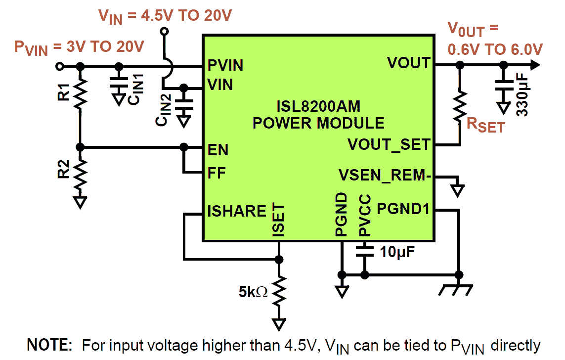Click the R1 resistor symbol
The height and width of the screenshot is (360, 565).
click(x=80, y=94)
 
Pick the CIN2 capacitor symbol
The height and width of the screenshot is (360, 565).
click(x=184, y=105)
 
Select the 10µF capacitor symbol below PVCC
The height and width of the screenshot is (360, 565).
click(x=365, y=252)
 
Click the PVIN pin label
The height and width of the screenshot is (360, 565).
click(x=225, y=65)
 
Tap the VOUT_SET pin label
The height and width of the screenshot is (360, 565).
click(x=389, y=144)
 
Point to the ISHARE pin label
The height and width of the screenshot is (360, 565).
click(x=237, y=211)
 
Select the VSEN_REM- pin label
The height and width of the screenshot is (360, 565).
click(x=383, y=176)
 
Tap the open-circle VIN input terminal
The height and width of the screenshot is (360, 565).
click(x=165, y=32)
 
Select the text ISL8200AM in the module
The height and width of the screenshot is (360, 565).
click(x=318, y=106)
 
